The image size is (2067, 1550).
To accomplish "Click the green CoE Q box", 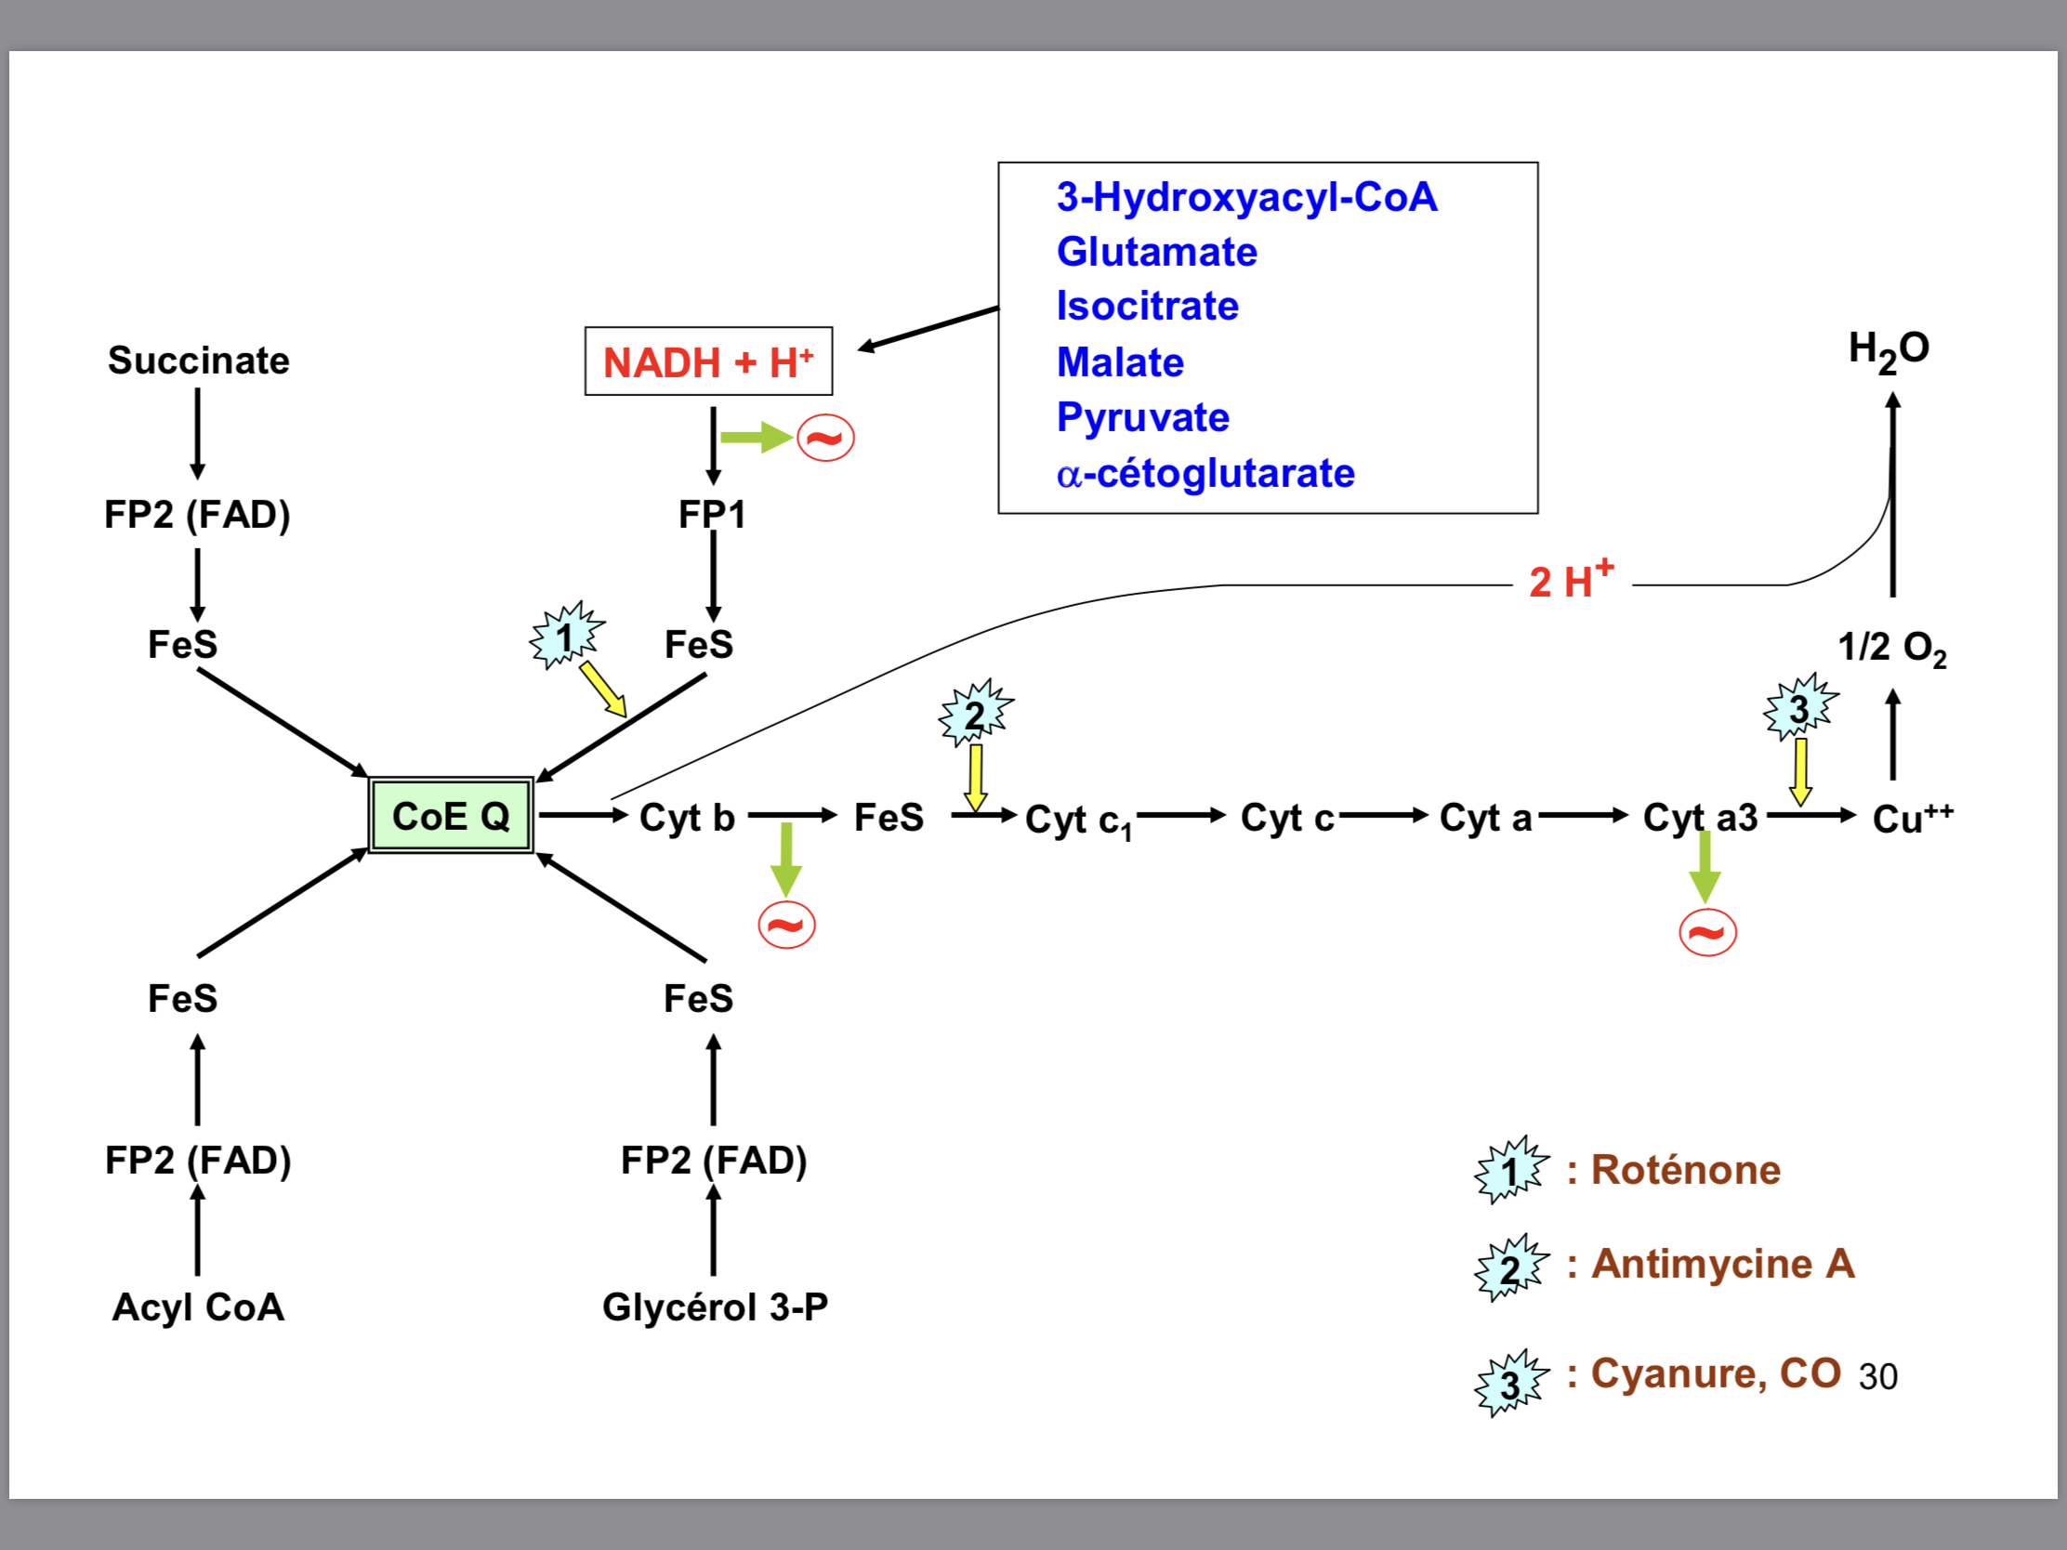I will (x=451, y=816).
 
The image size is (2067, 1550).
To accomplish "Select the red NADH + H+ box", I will (x=708, y=361).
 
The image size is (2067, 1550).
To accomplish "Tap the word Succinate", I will (x=198, y=361).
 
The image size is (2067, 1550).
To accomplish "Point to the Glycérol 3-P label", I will (x=715, y=1307).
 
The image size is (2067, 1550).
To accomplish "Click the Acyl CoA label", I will (x=198, y=1307).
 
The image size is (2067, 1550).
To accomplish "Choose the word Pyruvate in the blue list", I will (x=1143, y=417).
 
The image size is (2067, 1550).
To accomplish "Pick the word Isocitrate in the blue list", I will (x=1148, y=307).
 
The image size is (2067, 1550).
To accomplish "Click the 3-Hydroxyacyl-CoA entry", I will (x=1246, y=197).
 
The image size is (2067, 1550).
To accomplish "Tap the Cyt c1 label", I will (x=1077, y=821).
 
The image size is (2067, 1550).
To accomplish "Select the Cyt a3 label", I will (x=1700, y=818).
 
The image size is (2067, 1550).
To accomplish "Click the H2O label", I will (x=1889, y=350).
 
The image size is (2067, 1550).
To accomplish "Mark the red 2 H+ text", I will (x=1571, y=580).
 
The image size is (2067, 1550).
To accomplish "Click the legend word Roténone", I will (x=1686, y=1170).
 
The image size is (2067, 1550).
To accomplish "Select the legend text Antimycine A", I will (x=1722, y=1264).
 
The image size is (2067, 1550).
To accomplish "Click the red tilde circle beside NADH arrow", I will (x=825, y=438).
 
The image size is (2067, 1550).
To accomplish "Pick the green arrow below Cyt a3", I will (x=1705, y=867).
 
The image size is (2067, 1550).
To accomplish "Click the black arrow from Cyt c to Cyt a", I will (x=1383, y=816).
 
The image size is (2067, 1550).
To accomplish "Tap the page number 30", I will (x=1877, y=1377).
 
